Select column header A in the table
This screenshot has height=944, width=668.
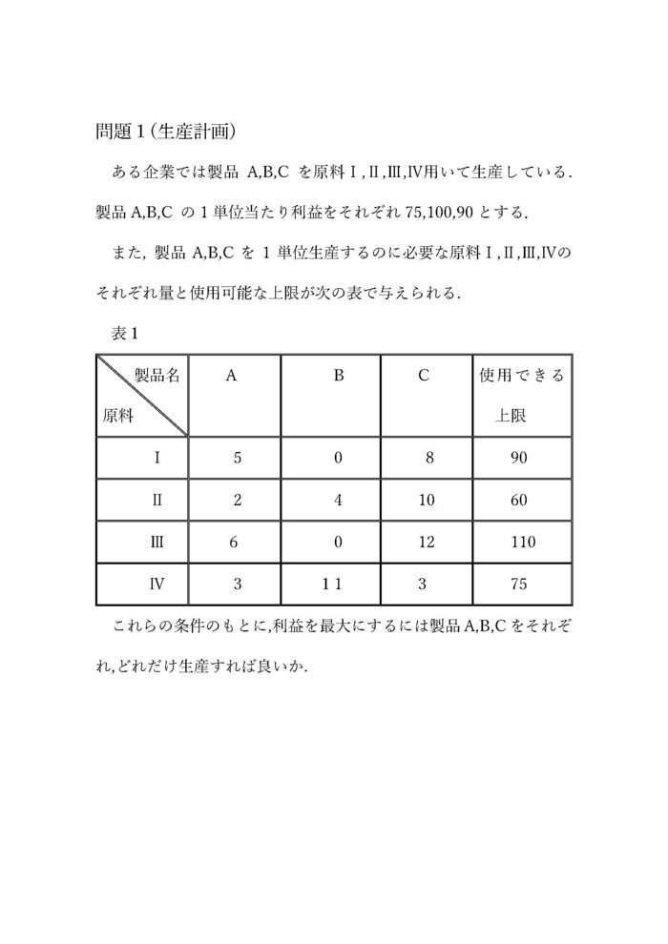(232, 376)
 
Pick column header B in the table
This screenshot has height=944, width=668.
(338, 376)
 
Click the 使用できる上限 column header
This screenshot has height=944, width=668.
(521, 395)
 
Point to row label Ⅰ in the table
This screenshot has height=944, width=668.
(157, 458)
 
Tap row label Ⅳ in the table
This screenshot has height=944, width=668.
(157, 584)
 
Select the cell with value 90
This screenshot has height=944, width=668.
(518, 458)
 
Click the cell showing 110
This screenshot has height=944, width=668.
(523, 542)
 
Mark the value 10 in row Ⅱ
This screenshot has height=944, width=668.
(426, 500)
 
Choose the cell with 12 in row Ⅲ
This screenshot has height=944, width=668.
(426, 542)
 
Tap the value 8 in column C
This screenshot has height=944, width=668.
(430, 458)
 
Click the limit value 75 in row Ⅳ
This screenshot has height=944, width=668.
(519, 584)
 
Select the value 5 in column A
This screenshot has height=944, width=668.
(238, 458)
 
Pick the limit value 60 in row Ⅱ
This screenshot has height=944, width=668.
(518, 500)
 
